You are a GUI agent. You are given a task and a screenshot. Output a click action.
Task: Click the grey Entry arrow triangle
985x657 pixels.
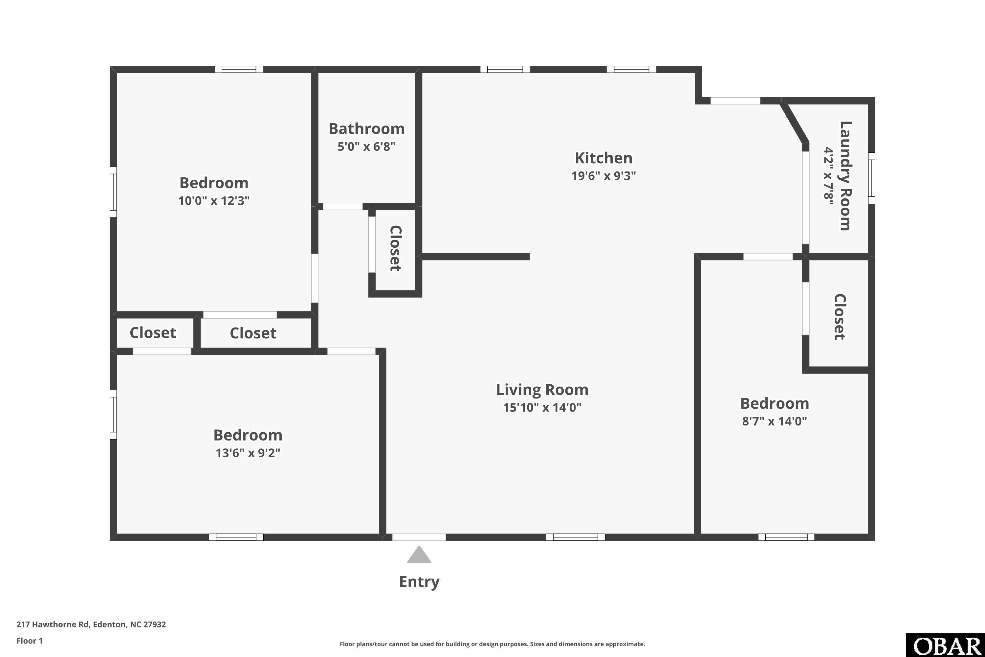pos(419,555)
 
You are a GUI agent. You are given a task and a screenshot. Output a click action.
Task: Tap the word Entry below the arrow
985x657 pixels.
pos(419,582)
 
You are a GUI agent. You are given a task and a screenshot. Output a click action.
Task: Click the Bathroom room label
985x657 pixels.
pos(366,129)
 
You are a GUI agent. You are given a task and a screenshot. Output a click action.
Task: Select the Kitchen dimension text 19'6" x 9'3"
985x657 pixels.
pos(603,175)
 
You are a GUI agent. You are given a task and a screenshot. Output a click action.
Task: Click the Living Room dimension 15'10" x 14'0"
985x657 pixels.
pos(542,407)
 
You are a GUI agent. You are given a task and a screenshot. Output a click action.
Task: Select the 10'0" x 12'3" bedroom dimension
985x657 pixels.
pos(214,201)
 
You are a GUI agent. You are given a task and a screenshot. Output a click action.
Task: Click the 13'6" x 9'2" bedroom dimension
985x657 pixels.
pos(248,453)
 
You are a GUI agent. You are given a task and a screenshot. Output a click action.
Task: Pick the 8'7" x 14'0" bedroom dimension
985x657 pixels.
pos(774,421)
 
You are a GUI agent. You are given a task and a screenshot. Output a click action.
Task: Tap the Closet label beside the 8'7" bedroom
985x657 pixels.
pos(840,317)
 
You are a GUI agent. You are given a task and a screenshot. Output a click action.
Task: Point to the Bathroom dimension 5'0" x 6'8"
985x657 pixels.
pos(366,147)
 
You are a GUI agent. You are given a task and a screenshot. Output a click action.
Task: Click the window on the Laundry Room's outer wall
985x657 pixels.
pos(871,178)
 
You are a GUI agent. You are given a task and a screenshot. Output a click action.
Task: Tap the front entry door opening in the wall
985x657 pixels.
pos(419,537)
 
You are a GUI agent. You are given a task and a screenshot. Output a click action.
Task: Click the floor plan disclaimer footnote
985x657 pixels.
pos(492,644)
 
